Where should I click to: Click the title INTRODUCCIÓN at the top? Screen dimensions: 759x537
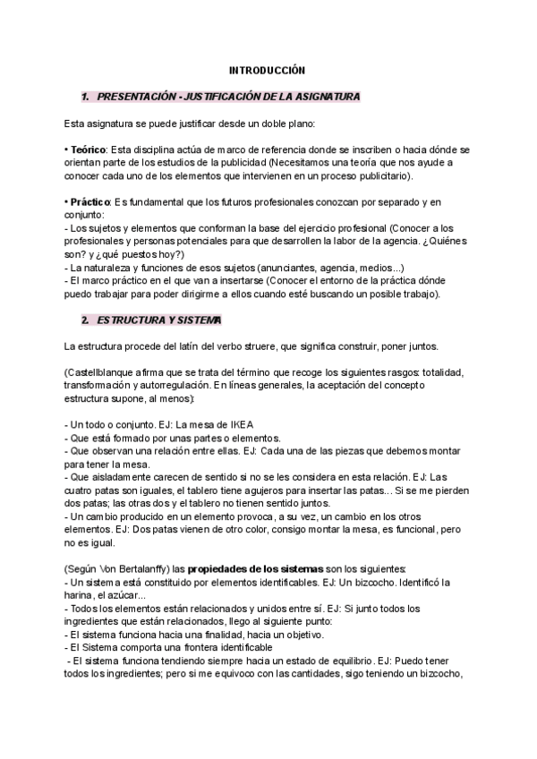[268, 69]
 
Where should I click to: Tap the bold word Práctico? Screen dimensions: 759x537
[89, 202]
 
